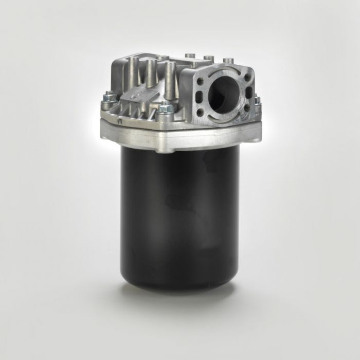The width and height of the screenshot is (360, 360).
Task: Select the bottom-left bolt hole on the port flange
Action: (199, 110)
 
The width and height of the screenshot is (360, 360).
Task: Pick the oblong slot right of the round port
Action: (249, 93)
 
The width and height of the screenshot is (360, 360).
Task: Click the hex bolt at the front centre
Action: (165, 109)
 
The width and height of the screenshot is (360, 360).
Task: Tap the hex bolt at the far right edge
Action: (258, 101)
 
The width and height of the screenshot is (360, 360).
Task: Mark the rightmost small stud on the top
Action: (228, 61)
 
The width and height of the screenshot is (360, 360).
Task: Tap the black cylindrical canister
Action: (180, 216)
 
